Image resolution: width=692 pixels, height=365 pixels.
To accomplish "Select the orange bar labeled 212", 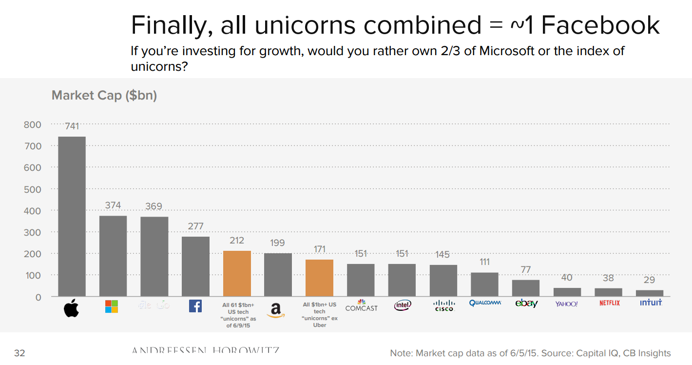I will click(x=237, y=273).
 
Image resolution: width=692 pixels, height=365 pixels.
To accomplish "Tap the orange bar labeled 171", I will click(x=319, y=278).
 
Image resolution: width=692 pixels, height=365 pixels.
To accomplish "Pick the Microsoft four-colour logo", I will click(x=112, y=306).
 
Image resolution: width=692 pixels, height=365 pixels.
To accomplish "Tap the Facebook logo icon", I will click(x=195, y=306).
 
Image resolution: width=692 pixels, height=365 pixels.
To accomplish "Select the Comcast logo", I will click(x=361, y=305).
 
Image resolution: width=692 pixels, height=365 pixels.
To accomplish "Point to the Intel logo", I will click(x=403, y=305).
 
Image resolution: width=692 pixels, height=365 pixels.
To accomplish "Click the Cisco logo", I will click(x=444, y=305).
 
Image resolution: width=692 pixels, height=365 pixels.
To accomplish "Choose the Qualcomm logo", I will click(x=485, y=303).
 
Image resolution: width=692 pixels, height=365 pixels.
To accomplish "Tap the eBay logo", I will click(x=526, y=304).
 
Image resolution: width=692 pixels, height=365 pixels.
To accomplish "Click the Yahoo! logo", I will click(x=566, y=304).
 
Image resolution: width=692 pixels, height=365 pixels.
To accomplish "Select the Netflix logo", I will click(x=609, y=303).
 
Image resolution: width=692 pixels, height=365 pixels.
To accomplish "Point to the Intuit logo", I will click(x=651, y=303).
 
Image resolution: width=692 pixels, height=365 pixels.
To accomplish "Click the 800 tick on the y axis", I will click(x=33, y=124).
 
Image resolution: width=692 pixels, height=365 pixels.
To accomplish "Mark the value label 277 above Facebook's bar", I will click(x=195, y=226).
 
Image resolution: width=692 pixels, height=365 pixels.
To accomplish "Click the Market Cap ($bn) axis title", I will click(x=104, y=95).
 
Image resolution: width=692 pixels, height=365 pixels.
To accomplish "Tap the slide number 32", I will click(x=19, y=353).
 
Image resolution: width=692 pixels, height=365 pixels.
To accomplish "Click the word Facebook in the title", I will click(x=600, y=25).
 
